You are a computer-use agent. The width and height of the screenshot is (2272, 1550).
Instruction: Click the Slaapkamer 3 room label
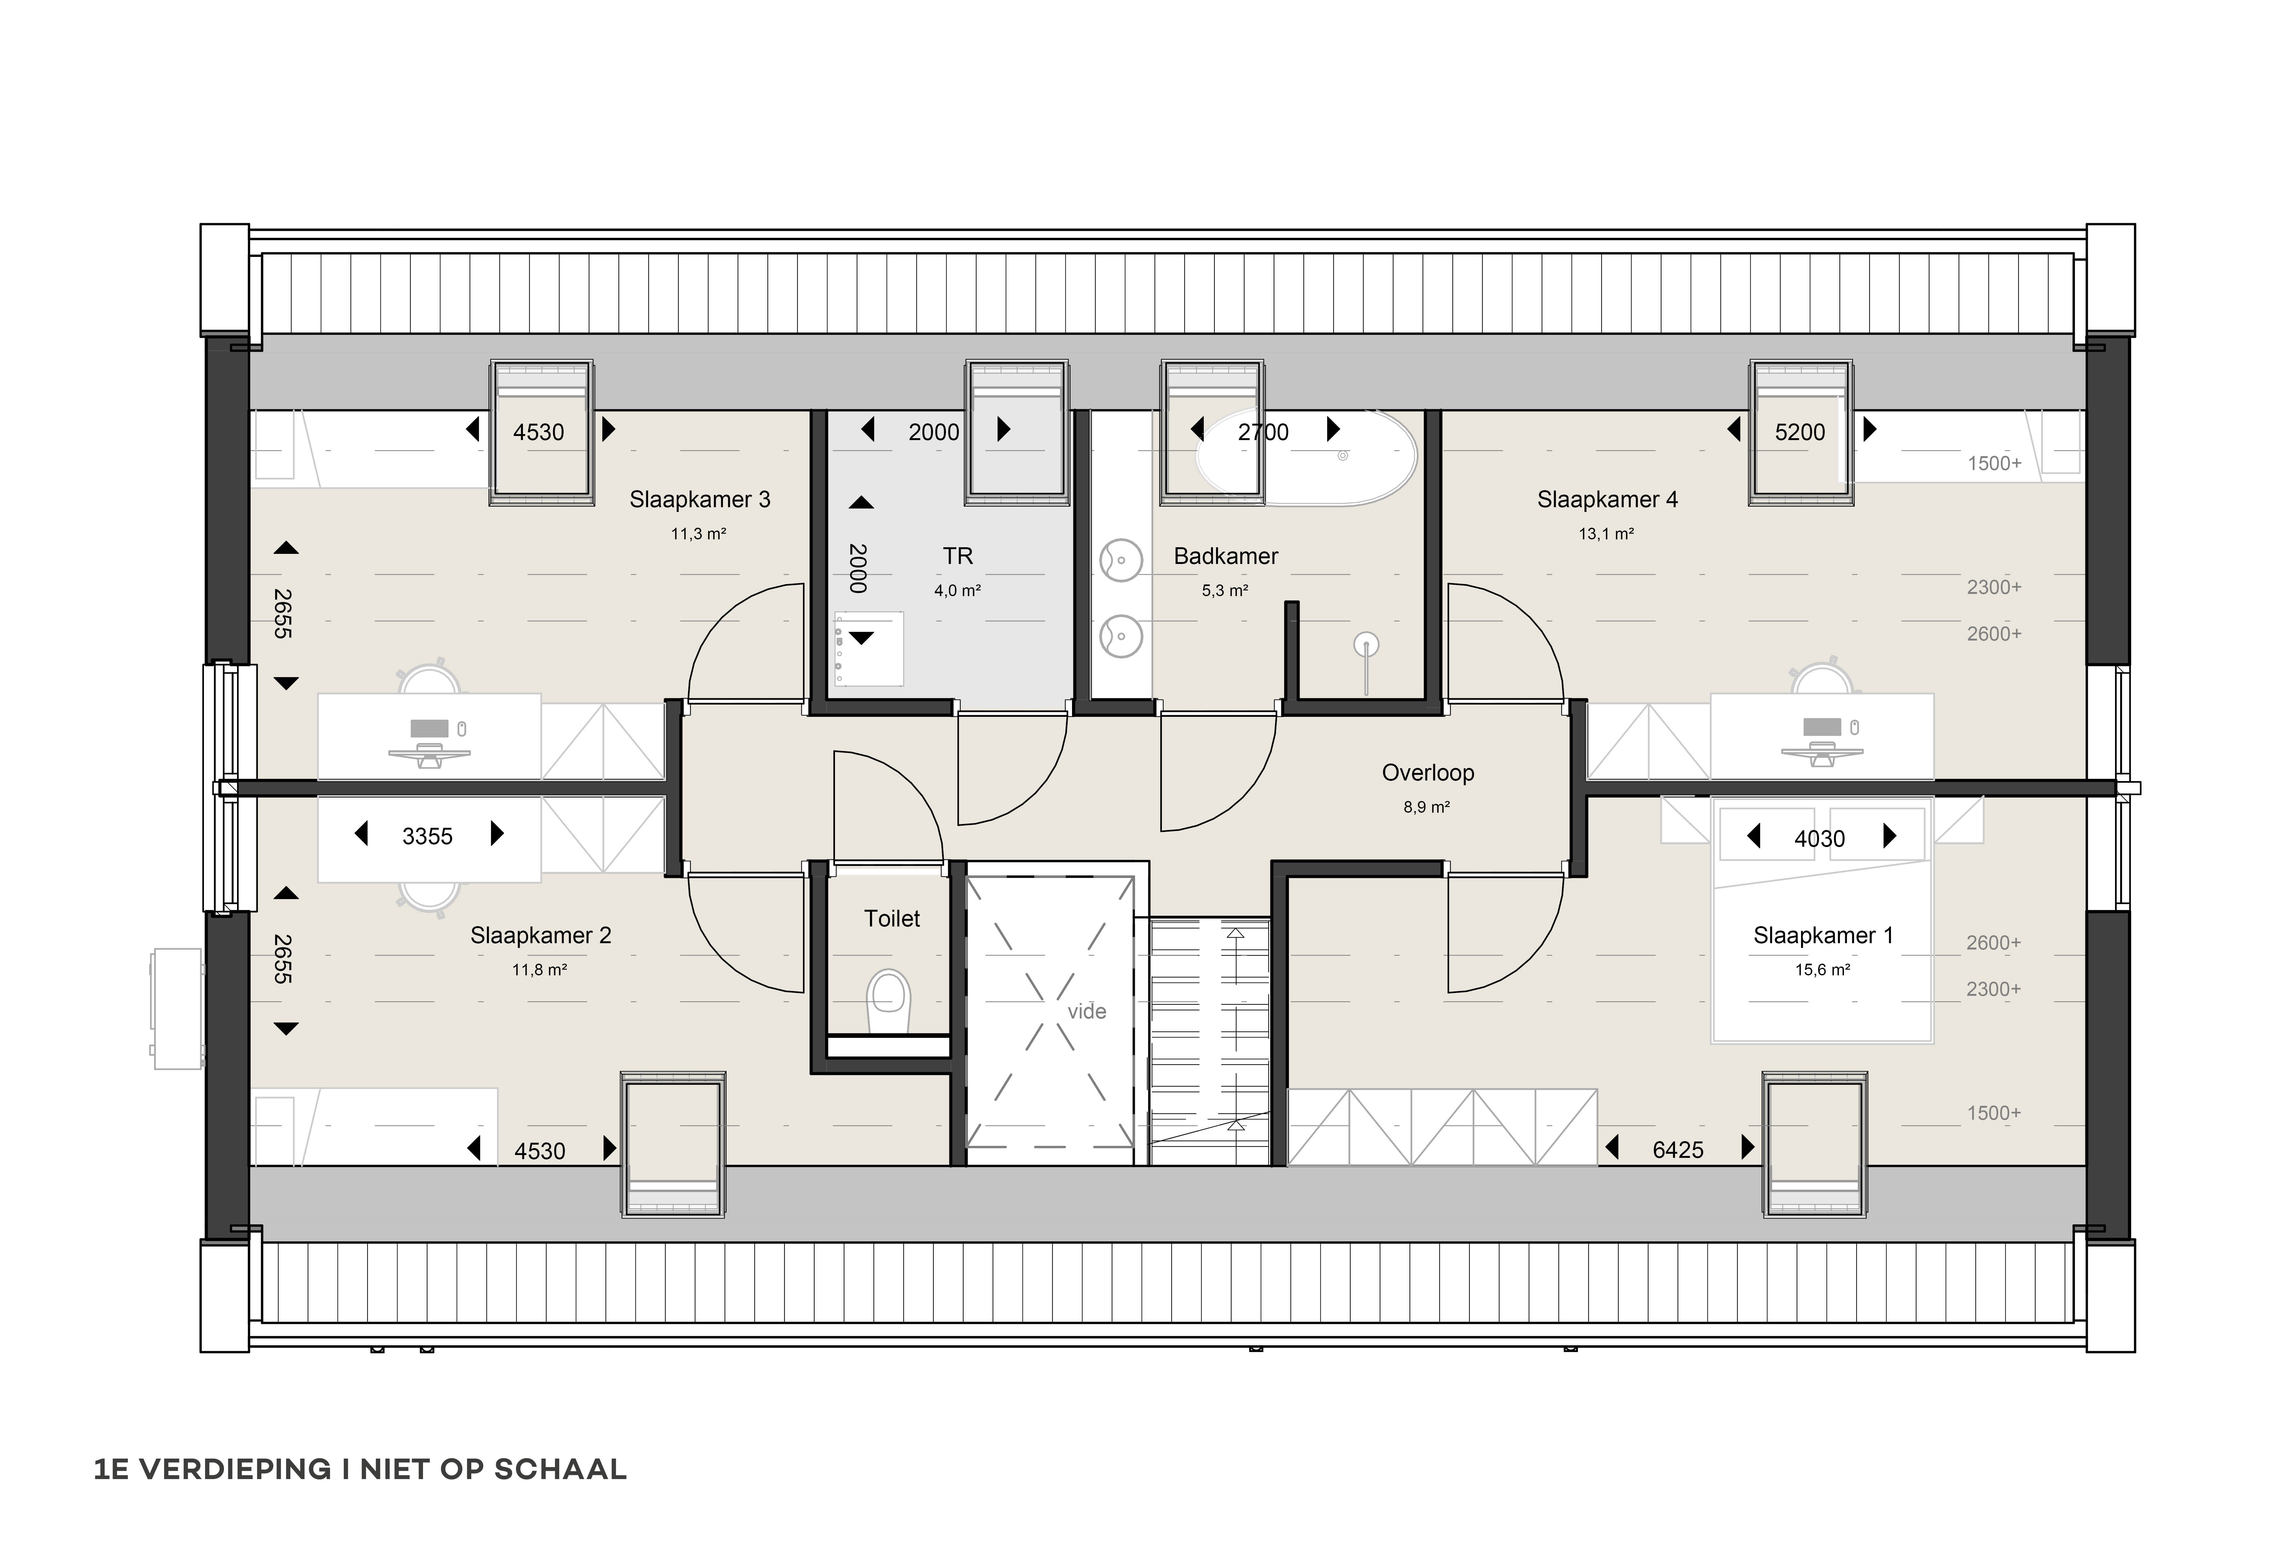point(700,500)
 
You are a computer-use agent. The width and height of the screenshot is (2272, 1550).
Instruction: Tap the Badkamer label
point(1226,556)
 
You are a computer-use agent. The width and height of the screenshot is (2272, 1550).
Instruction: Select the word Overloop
point(1427,773)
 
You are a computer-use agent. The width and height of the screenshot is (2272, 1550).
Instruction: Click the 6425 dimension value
point(1678,1150)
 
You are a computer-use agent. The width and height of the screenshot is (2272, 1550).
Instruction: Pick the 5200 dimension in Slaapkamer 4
point(1800,432)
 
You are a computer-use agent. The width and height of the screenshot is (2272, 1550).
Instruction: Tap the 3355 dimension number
point(427,836)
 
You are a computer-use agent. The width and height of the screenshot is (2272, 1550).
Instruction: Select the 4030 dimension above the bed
point(1819,838)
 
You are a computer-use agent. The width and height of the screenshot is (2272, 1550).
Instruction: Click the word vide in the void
point(1087,1011)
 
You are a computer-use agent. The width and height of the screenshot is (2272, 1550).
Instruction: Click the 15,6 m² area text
point(1822,970)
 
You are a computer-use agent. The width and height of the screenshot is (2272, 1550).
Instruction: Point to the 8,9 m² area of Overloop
point(1426,808)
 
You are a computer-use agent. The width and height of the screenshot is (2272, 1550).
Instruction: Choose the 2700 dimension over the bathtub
point(1263,432)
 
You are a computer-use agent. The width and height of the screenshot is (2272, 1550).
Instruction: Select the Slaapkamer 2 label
point(541,936)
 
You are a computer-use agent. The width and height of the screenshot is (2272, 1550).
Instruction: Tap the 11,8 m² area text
point(540,970)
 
